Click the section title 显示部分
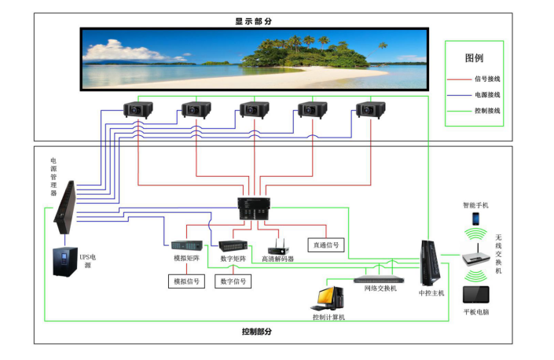coord(258,20)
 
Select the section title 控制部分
coord(257,332)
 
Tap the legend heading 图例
coord(474,58)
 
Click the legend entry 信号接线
coord(488,79)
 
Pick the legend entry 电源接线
coord(488,94)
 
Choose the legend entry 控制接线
coord(488,111)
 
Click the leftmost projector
coord(138,110)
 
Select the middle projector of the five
coord(255,110)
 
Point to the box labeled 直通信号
coord(325,244)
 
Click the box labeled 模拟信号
coord(186,281)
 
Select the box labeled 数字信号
coord(233,281)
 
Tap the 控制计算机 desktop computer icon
coord(327,299)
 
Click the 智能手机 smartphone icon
coord(475,218)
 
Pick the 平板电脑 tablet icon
coord(476,295)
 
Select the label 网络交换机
coord(380,288)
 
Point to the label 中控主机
coord(431,292)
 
